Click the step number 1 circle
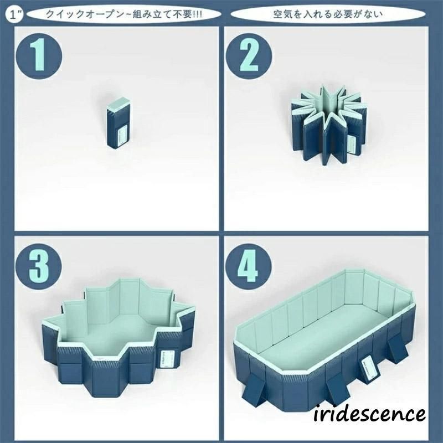39,56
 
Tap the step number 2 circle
249,56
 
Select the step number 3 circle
39,266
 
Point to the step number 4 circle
249,266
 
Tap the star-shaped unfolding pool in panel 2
327,124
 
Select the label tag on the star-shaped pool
353,145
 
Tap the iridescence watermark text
369,414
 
